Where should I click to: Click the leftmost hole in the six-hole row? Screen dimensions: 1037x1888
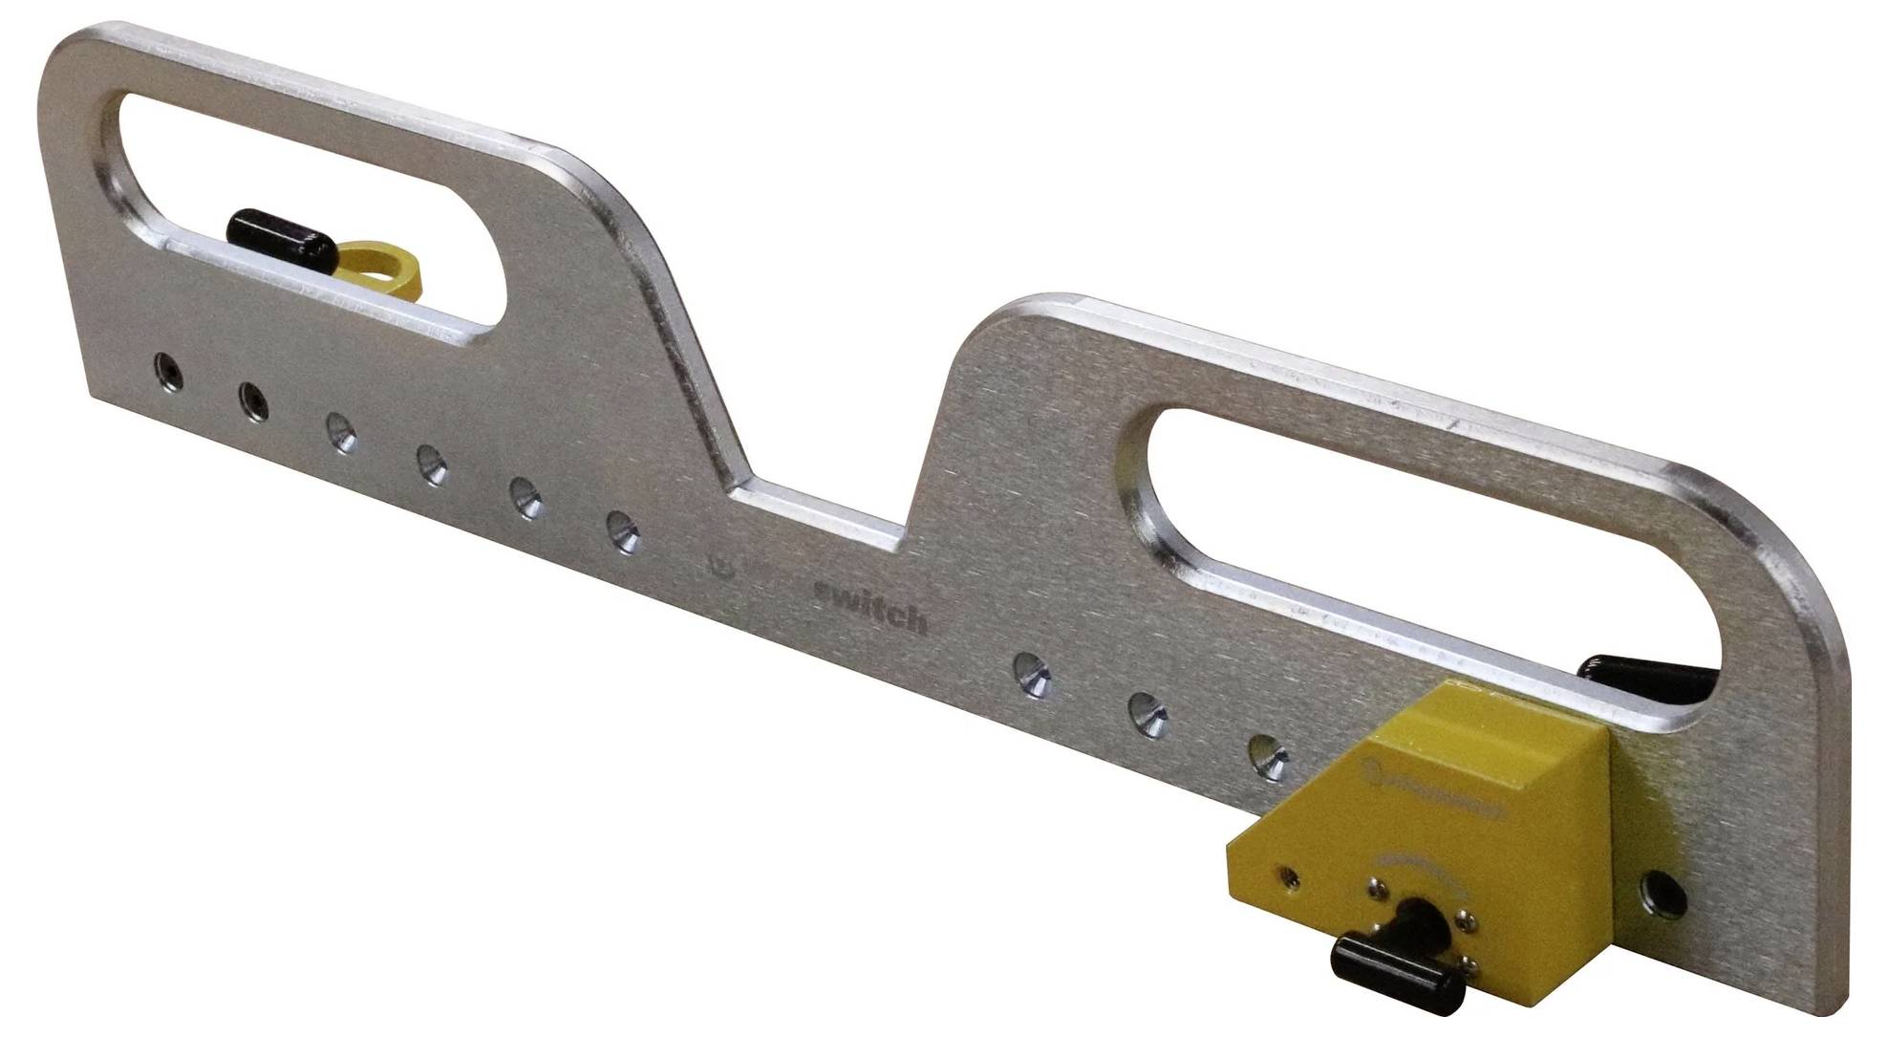(x=169, y=370)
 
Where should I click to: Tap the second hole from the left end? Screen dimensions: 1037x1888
(x=252, y=401)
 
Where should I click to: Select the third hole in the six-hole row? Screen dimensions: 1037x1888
(x=340, y=431)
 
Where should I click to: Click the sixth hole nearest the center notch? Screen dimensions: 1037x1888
(x=623, y=531)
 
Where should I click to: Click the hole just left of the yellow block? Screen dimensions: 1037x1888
(x=1268, y=757)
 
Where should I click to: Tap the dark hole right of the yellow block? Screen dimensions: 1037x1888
(x=1663, y=894)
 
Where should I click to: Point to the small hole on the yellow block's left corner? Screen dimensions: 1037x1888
(x=1289, y=875)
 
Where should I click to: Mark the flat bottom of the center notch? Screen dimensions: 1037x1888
(x=818, y=516)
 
